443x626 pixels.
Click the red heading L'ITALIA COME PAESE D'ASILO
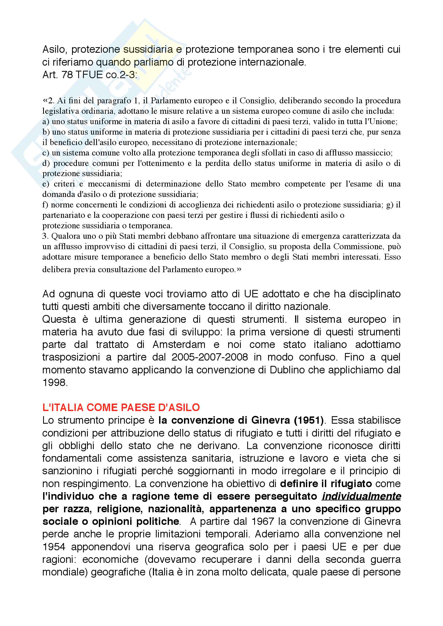click(121, 407)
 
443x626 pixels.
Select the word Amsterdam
click(179, 344)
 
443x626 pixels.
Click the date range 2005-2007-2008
click(209, 357)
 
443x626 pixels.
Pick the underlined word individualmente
click(361, 496)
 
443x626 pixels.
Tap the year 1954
click(54, 547)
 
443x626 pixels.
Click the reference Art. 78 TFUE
click(72, 75)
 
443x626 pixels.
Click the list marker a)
click(46, 122)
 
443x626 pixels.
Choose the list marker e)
click(46, 184)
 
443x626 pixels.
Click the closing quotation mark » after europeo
click(239, 270)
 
